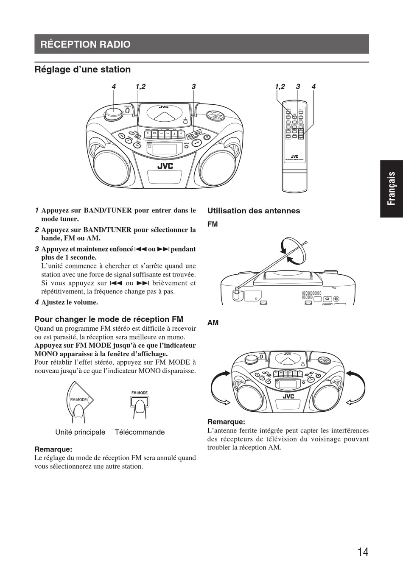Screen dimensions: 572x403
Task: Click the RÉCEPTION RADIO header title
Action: tap(85, 44)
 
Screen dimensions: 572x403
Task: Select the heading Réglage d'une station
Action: tap(82, 69)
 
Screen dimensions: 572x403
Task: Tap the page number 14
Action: tap(363, 552)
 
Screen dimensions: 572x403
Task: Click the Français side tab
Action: tap(391, 189)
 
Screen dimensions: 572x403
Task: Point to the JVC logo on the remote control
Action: tap(294, 156)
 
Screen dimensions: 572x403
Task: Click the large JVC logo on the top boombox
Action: tap(165, 166)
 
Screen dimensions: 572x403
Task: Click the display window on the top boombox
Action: tap(164, 149)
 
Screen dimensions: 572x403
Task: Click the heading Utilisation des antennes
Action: tap(253, 211)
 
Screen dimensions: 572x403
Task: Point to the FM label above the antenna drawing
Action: tap(213, 224)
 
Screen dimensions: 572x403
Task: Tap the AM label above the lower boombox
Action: tap(213, 323)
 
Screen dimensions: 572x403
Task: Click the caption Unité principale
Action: tap(80, 432)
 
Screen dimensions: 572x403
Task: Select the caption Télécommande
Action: tap(140, 432)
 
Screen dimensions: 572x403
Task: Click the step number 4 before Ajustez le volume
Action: tap(36, 302)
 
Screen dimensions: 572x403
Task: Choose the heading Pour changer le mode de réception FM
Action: tap(109, 319)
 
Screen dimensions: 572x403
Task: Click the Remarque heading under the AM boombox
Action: tap(226, 421)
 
